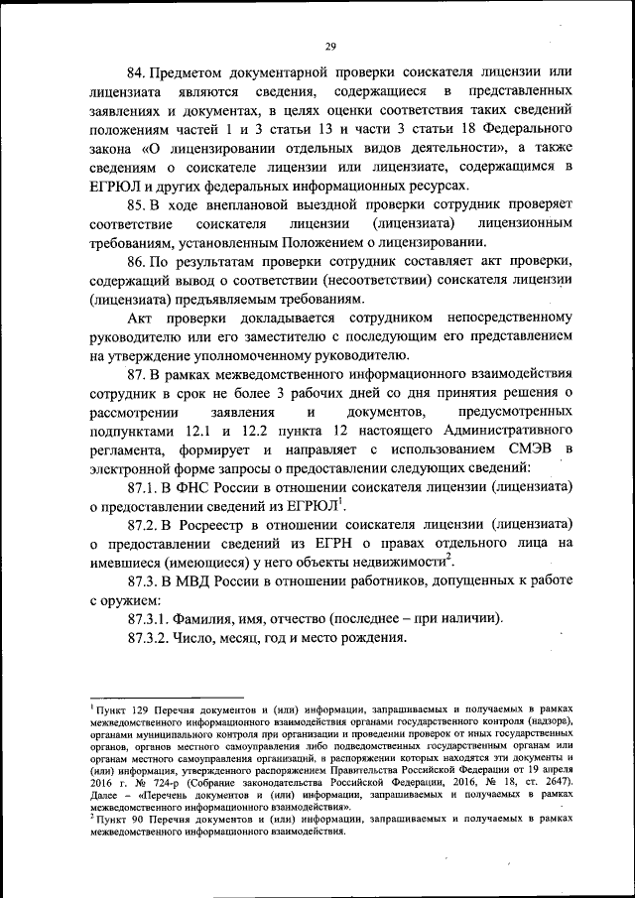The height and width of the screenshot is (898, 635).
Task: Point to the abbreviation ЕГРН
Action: point(323,544)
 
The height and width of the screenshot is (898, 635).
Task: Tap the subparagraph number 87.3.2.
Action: point(150,639)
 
